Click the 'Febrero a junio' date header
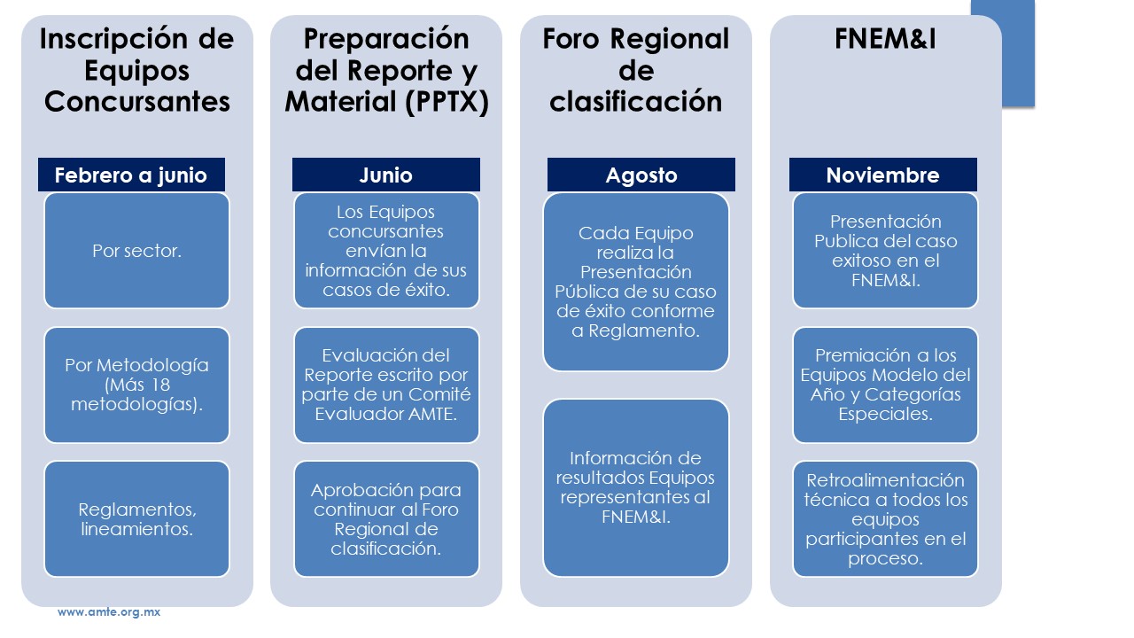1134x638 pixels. (x=131, y=175)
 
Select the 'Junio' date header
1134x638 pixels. (x=385, y=175)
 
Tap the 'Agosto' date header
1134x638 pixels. (x=641, y=175)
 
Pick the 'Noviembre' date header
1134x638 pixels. (x=883, y=175)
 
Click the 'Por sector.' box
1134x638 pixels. (x=136, y=251)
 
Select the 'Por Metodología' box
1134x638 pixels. (x=136, y=385)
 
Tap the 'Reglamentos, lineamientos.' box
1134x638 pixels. (x=136, y=519)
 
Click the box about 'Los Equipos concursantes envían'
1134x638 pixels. (x=386, y=251)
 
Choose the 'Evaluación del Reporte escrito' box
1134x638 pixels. (x=386, y=385)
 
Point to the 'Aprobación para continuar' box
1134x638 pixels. (x=386, y=519)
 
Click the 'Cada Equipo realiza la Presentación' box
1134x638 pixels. (x=636, y=282)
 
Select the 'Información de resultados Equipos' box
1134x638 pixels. (x=636, y=487)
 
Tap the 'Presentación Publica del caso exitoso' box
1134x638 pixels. (x=885, y=251)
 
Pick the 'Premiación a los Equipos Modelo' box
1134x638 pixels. (x=885, y=385)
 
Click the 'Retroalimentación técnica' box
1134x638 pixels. (x=885, y=519)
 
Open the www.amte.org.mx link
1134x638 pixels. (x=109, y=611)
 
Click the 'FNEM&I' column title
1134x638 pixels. (x=885, y=38)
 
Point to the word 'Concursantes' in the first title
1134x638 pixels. (x=137, y=101)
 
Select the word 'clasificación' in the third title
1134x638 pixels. (x=636, y=101)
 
